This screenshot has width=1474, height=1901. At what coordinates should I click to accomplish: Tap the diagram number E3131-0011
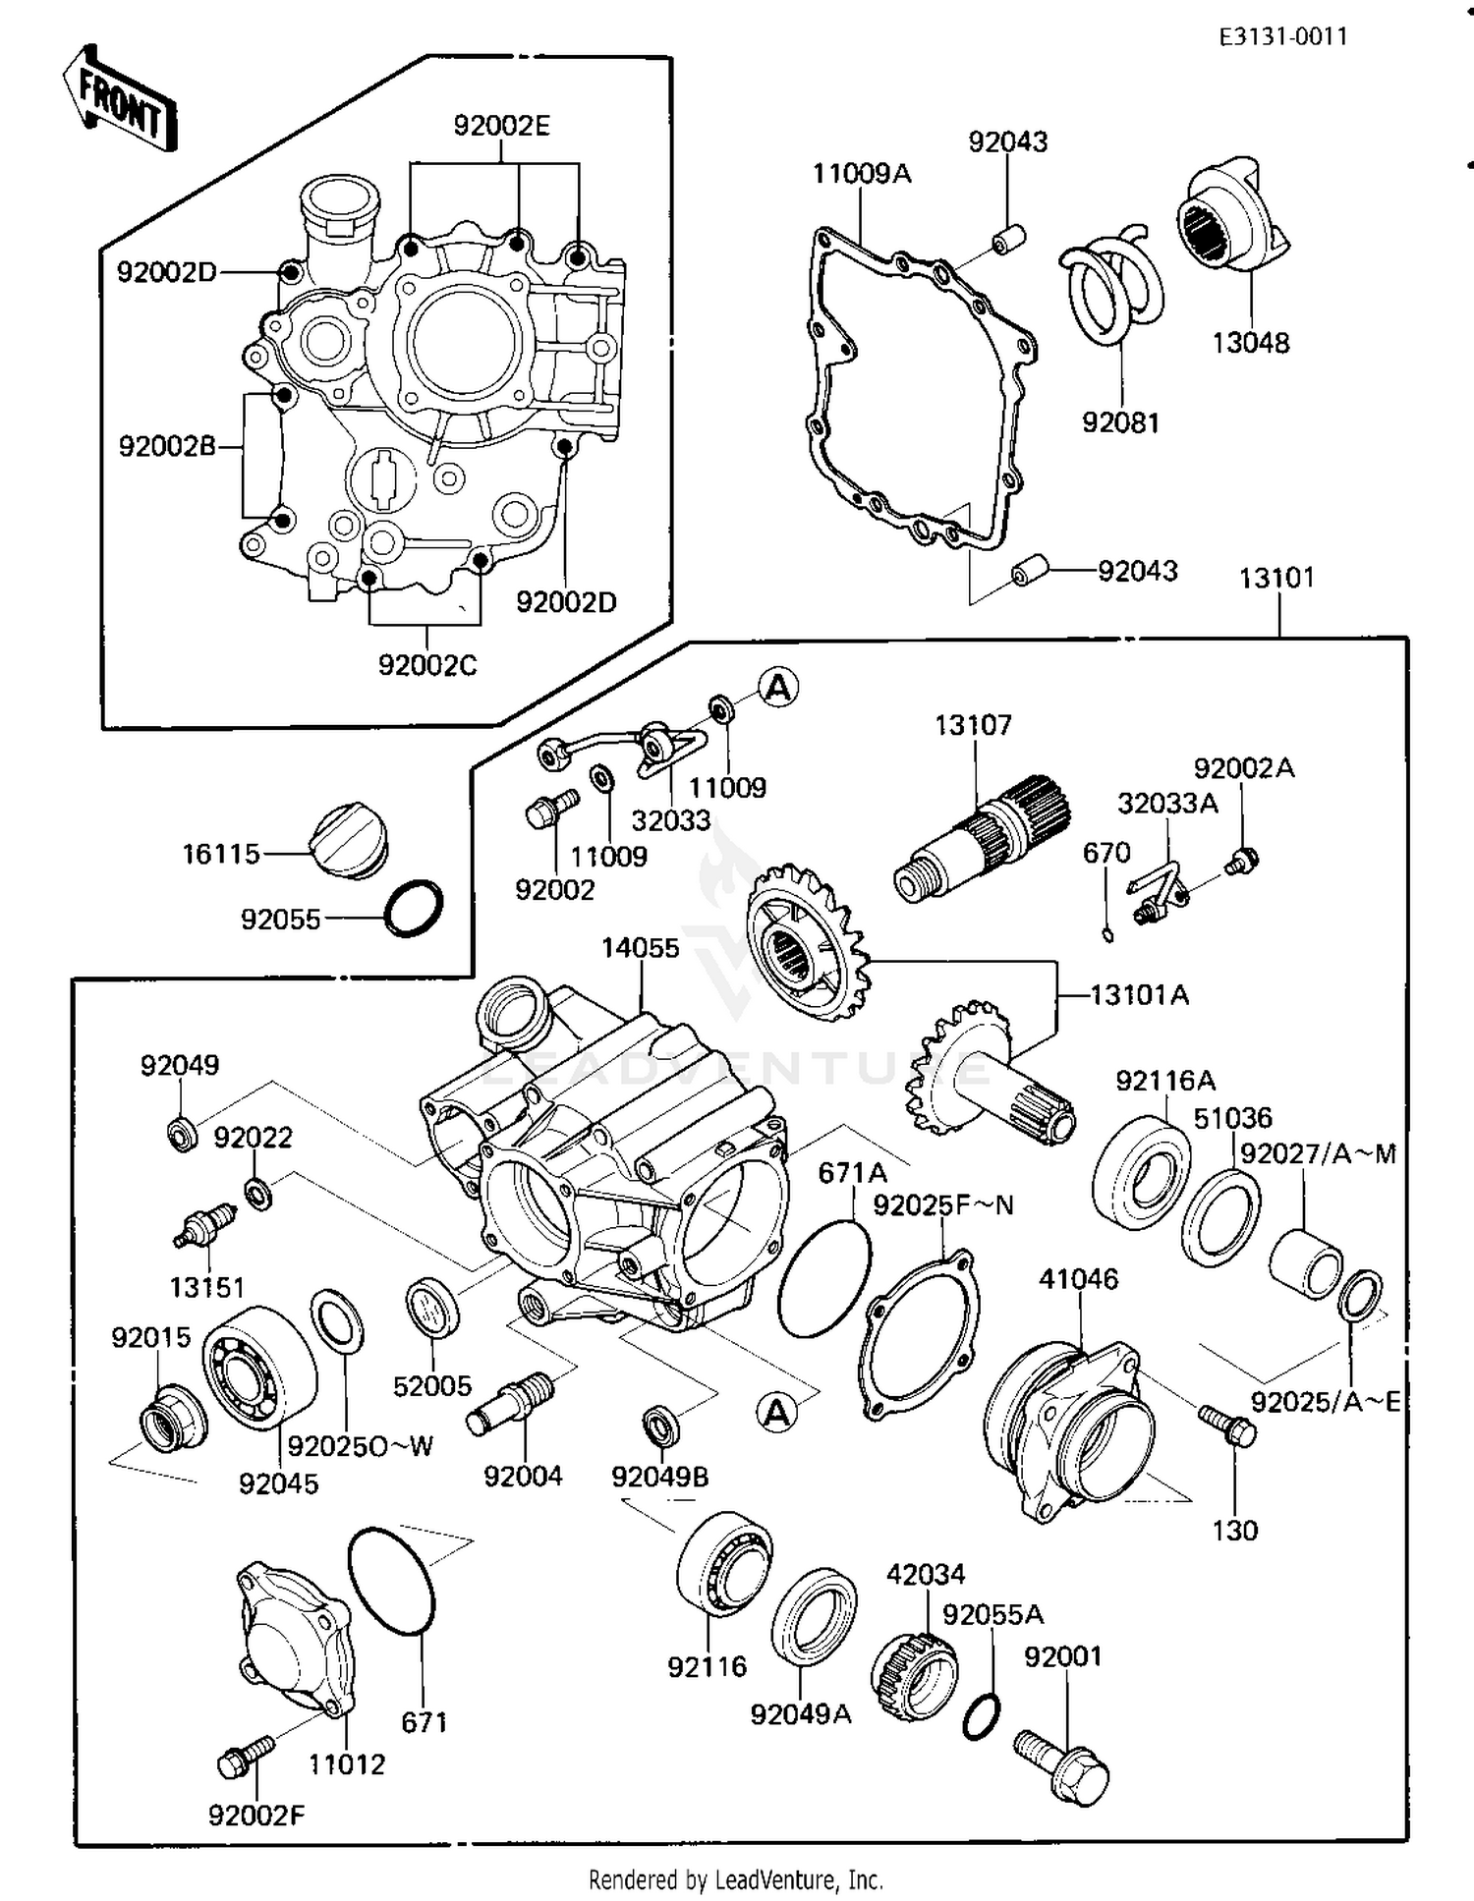point(1282,37)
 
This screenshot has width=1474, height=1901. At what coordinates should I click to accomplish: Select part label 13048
point(1250,343)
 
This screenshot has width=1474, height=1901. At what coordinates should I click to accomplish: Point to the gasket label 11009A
point(861,174)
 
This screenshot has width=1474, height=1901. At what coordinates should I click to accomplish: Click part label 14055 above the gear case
point(640,948)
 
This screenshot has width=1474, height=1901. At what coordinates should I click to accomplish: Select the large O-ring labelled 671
point(391,1581)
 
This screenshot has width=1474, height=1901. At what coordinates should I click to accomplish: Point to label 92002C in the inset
point(426,665)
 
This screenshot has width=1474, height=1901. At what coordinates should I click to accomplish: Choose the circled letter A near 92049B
point(776,1413)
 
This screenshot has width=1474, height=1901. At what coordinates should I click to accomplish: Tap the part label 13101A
point(1139,995)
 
